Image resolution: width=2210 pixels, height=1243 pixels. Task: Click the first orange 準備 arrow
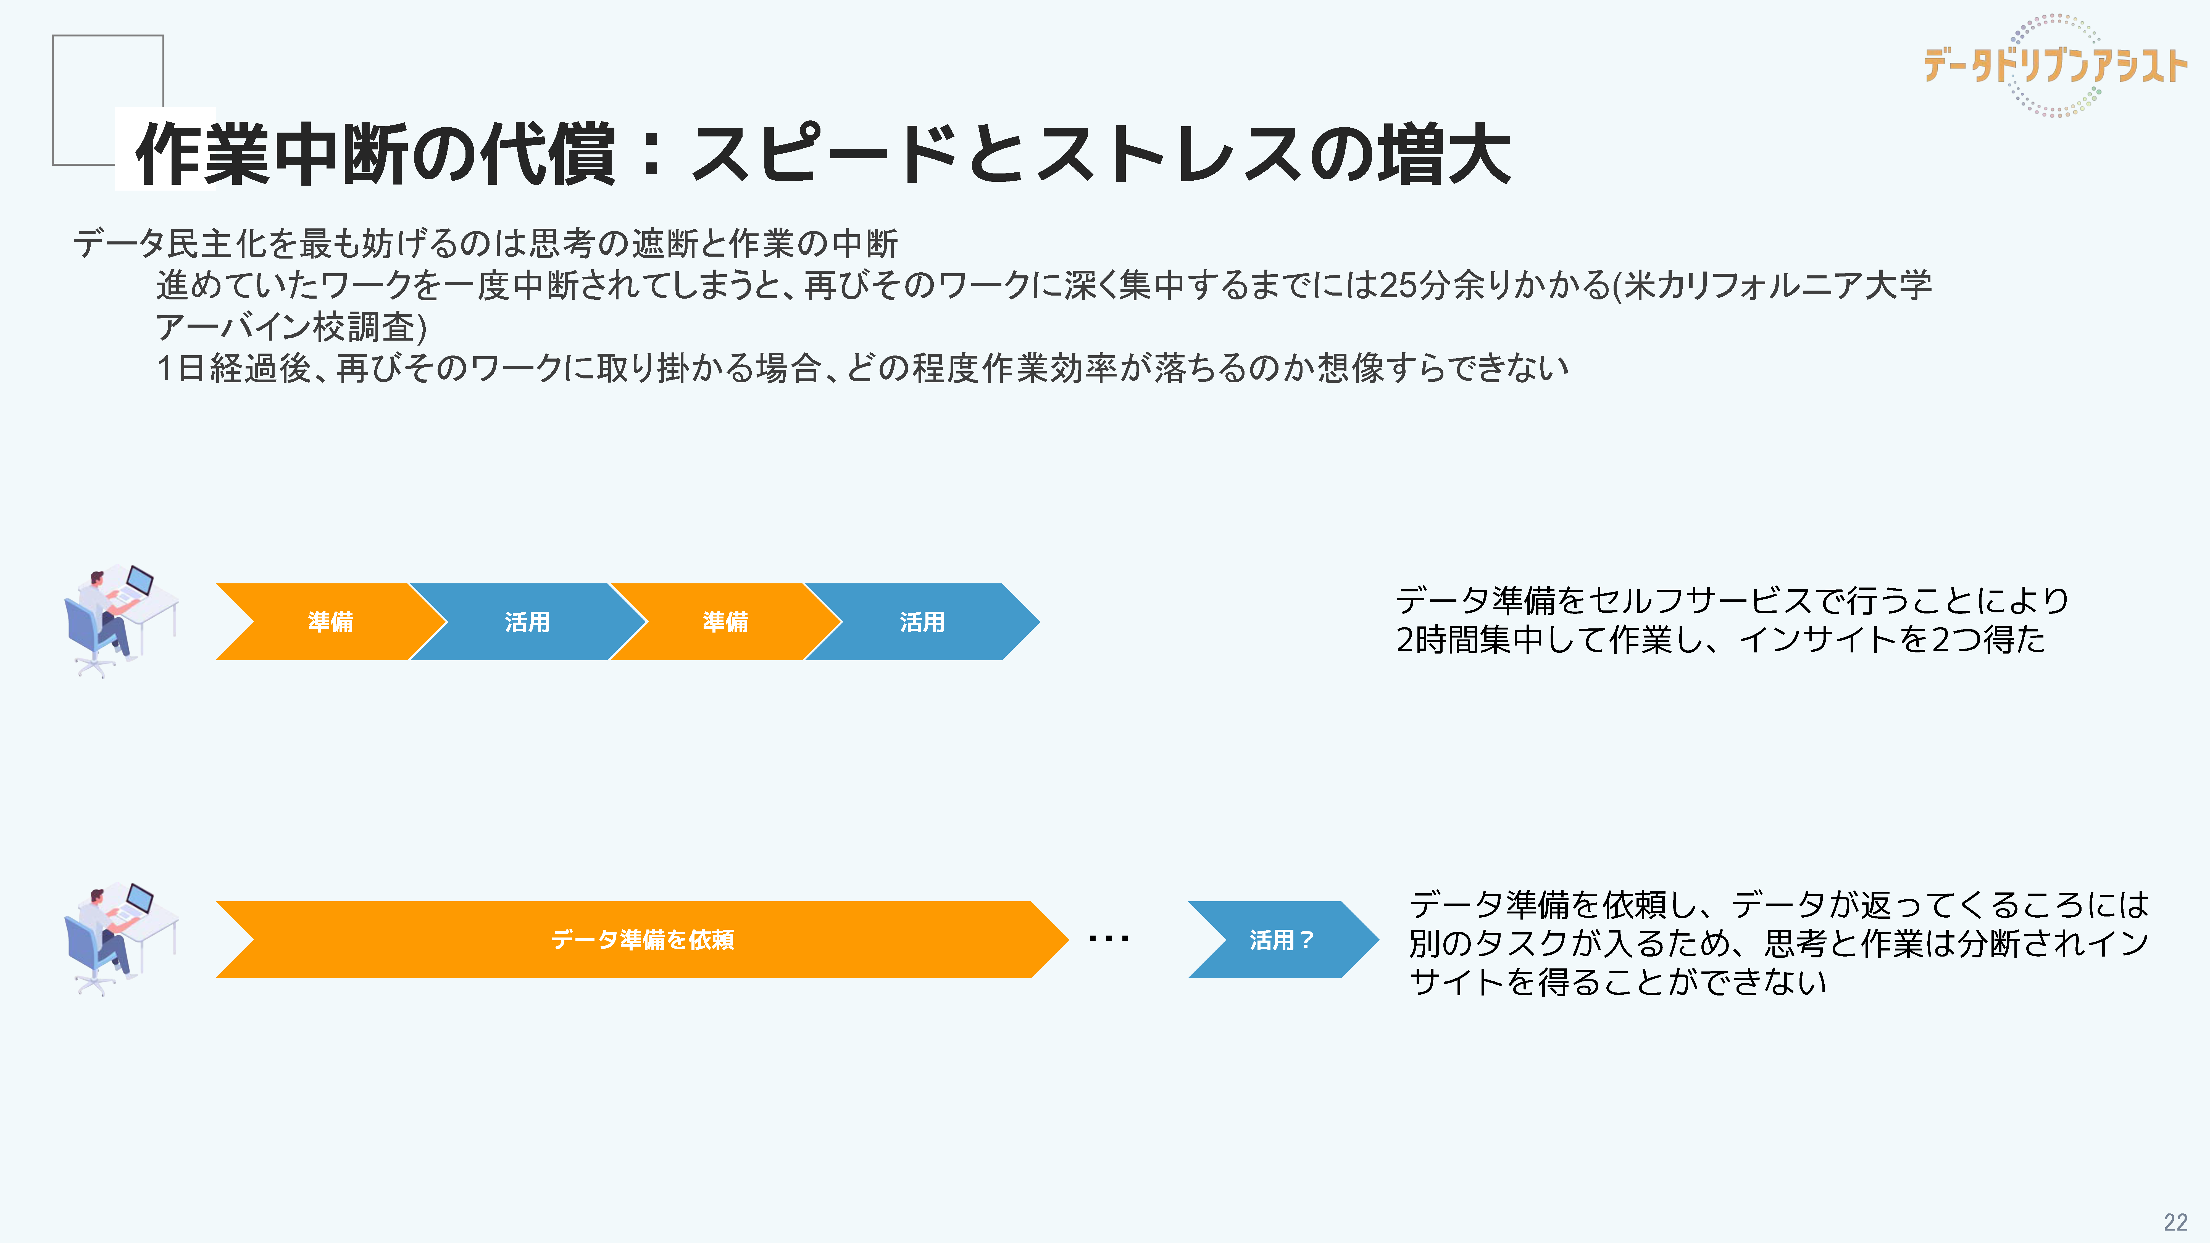pos(330,622)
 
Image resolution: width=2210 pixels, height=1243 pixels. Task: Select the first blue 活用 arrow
pos(527,622)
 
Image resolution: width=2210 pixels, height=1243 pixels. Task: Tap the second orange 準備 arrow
pos(725,622)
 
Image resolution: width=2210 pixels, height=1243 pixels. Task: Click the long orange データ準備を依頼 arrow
pos(642,939)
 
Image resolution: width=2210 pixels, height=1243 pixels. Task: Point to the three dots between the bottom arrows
pos(1108,939)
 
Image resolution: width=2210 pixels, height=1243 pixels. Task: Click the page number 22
pos(2175,1221)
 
